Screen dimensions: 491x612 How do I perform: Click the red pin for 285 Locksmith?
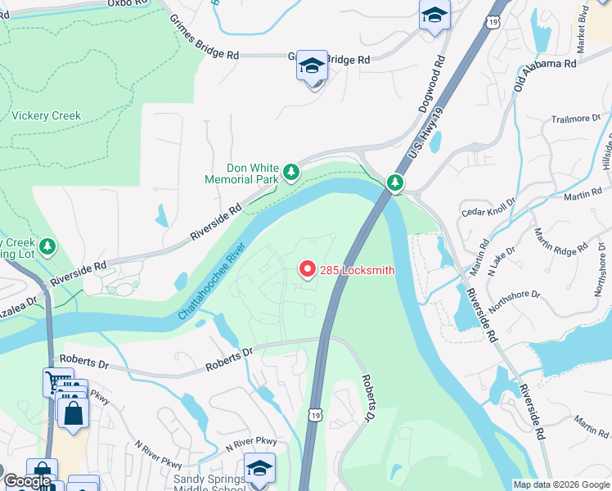click(x=307, y=269)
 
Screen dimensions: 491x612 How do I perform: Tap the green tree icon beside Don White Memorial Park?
click(x=290, y=172)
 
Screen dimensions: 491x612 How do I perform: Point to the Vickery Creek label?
click(x=46, y=116)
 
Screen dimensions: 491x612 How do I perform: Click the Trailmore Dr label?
click(x=569, y=119)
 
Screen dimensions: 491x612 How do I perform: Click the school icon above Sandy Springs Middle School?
click(x=259, y=469)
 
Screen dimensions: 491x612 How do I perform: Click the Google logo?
click(x=27, y=482)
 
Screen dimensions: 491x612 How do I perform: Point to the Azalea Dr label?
click(x=18, y=306)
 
